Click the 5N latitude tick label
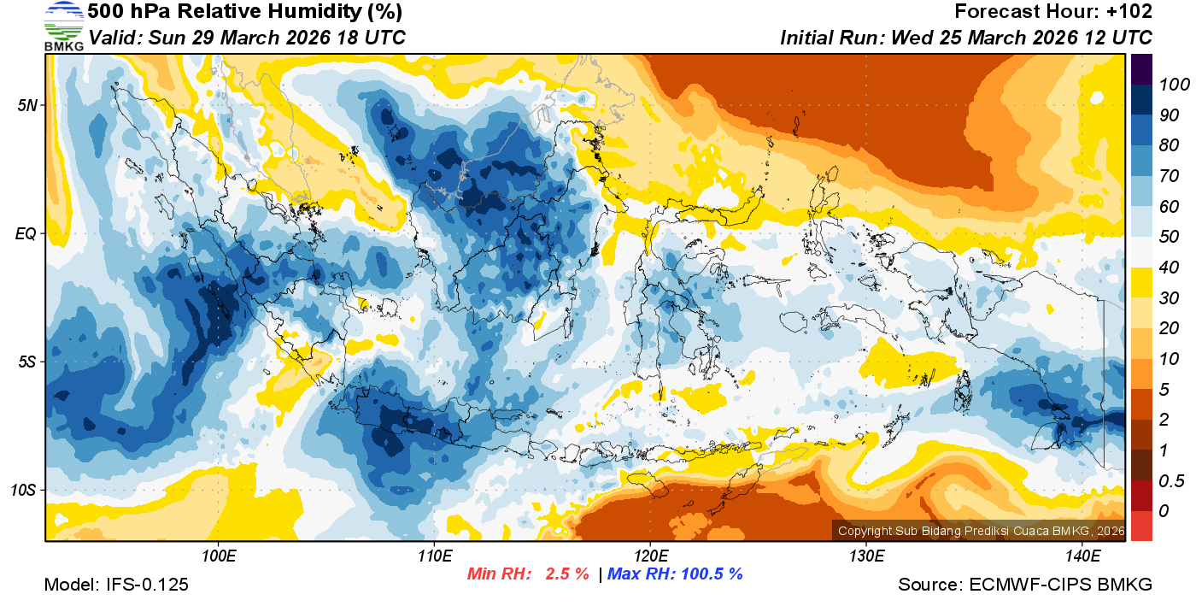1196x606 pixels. tap(26, 105)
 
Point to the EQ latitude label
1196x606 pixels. tap(25, 233)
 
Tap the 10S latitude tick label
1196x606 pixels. tap(23, 490)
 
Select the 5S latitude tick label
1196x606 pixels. tap(26, 362)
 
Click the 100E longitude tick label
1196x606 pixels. tap(218, 556)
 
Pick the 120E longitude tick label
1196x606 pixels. tap(650, 556)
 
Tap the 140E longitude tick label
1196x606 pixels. tap(1082, 556)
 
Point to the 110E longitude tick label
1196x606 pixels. tap(434, 556)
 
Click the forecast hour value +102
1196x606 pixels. tap(1129, 12)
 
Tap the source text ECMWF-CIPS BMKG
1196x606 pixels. tap(1061, 585)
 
